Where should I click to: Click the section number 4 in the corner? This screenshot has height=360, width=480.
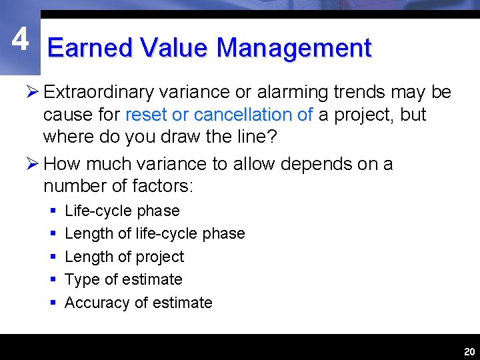(20, 40)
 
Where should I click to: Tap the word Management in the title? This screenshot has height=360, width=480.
(293, 49)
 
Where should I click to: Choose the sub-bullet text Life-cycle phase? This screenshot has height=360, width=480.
(122, 211)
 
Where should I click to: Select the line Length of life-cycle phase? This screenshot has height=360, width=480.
(155, 233)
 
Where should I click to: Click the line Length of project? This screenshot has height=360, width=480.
(124, 257)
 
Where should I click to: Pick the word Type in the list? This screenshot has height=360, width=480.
(80, 279)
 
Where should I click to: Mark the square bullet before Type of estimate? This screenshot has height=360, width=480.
(52, 280)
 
